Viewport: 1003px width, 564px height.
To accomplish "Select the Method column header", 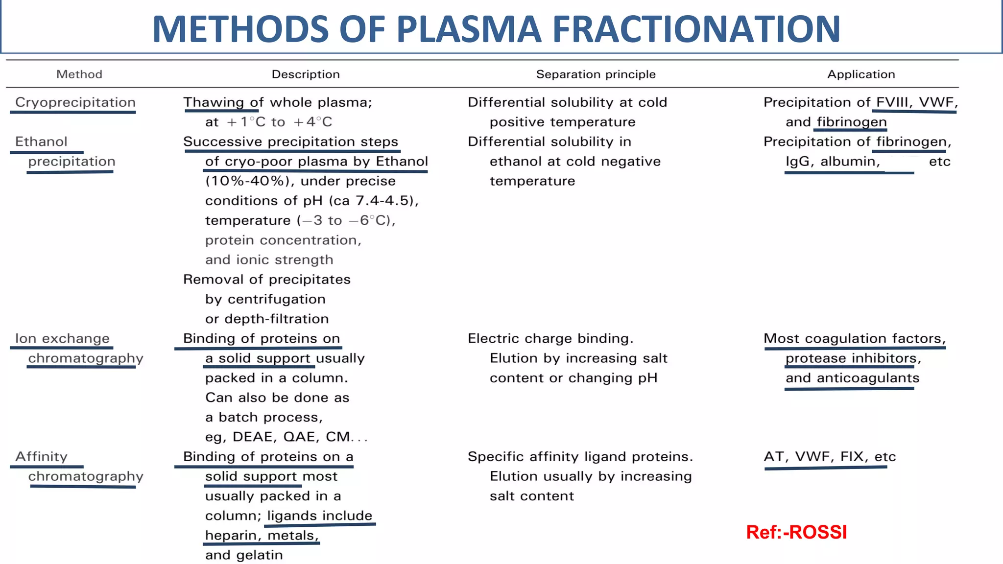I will point(79,74).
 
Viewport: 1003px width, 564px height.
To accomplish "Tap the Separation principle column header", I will point(596,74).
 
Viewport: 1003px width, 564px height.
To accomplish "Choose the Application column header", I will point(861,74).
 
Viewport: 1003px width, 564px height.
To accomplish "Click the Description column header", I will point(306,74).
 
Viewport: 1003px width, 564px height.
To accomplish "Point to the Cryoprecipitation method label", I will point(75,102).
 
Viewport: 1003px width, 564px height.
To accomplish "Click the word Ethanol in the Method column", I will point(41,142).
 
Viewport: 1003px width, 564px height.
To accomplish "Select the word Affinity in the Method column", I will point(41,457).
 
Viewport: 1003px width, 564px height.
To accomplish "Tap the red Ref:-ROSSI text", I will point(796,532).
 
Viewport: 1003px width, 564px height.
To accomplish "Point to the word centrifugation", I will point(277,299).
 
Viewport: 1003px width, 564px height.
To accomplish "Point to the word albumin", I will point(850,162).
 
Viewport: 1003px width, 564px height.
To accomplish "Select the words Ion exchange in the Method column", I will point(62,339).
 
